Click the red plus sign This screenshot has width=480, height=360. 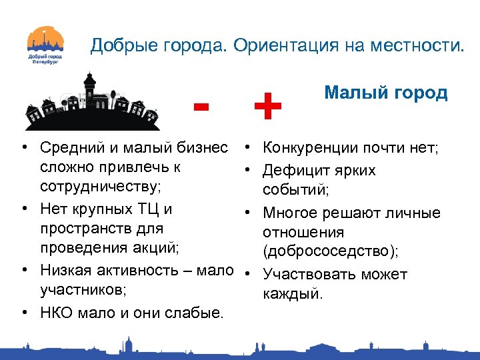coord(267,107)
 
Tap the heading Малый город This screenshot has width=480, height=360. coord(385,92)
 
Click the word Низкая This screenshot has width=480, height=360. coord(66,270)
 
